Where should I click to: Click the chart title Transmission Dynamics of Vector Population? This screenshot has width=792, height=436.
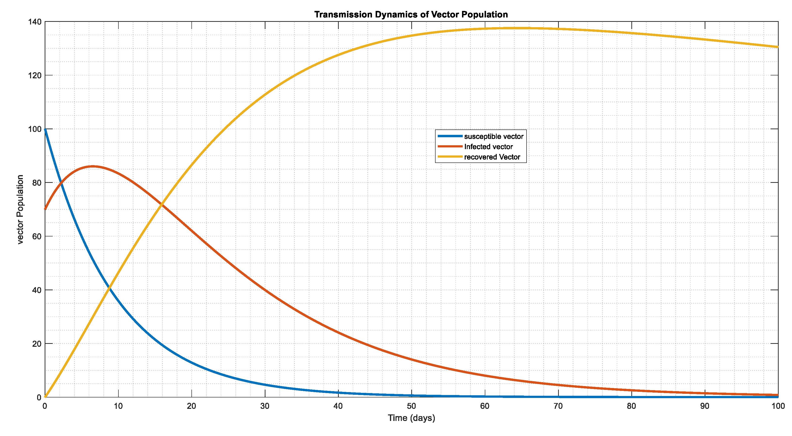click(x=411, y=15)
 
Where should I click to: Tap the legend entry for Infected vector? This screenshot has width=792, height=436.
click(x=488, y=147)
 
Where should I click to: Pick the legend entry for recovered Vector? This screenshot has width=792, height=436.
click(x=492, y=157)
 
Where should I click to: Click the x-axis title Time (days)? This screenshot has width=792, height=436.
click(x=411, y=418)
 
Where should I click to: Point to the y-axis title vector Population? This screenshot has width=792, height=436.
click(x=20, y=210)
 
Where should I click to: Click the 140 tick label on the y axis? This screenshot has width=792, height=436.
click(x=34, y=22)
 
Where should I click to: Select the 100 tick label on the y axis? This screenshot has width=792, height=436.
click(x=34, y=129)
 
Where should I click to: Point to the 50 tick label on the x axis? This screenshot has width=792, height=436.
click(x=411, y=406)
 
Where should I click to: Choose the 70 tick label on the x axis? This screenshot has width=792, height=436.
click(x=558, y=406)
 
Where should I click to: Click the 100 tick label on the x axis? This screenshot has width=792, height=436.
click(x=778, y=406)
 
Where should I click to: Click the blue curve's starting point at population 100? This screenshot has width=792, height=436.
click(x=45, y=129)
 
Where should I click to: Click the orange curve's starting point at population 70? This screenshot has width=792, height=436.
click(x=45, y=209)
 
